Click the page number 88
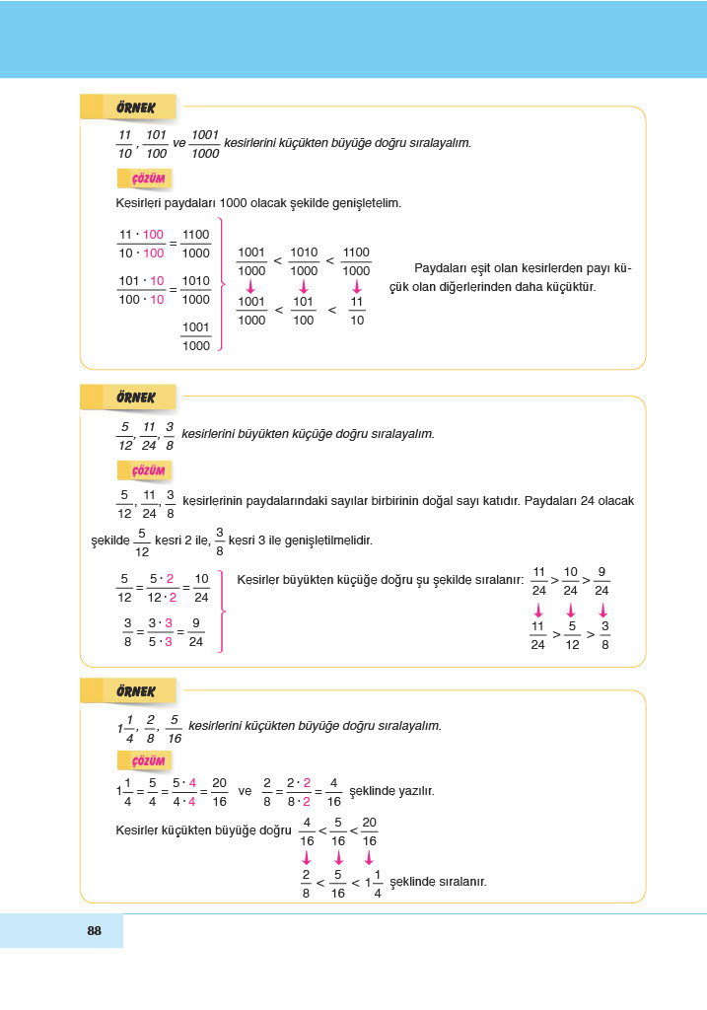[x=95, y=930]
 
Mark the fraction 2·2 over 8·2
[x=297, y=791]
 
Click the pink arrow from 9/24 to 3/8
[x=603, y=611]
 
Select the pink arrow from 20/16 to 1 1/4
[x=369, y=857]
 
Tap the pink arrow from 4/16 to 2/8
[x=307, y=857]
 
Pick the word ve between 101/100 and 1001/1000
[x=179, y=143]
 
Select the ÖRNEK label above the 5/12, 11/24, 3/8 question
[x=135, y=397]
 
